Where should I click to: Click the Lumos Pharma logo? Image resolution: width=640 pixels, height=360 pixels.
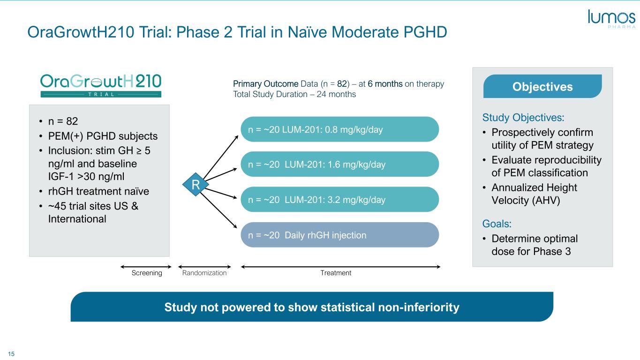click(x=611, y=20)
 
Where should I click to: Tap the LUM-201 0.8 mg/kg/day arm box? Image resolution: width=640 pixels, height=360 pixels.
click(x=339, y=129)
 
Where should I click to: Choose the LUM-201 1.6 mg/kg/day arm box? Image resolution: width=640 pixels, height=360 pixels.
click(x=339, y=165)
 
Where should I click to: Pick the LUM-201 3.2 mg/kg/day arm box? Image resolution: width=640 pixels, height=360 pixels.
click(x=339, y=200)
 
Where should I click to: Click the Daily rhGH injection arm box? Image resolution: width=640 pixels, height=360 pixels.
click(x=339, y=235)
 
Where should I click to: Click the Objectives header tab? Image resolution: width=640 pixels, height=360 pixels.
click(x=542, y=87)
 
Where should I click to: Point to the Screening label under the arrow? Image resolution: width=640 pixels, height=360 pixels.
click(x=147, y=273)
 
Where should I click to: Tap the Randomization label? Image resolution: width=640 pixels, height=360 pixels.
click(x=204, y=273)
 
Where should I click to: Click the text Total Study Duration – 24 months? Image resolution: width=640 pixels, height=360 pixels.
click(x=294, y=94)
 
